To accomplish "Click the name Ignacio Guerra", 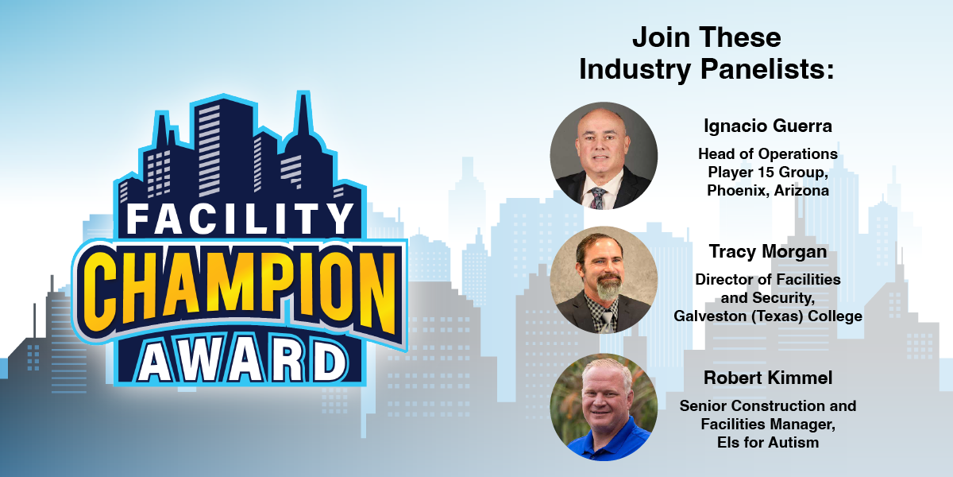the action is [768, 126].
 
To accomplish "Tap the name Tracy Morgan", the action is [768, 252].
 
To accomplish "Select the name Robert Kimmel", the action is [768, 378].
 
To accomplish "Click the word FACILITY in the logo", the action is [241, 219].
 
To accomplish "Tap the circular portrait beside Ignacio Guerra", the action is [604, 156].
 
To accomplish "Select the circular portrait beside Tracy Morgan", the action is [604, 280].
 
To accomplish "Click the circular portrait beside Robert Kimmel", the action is [604, 407].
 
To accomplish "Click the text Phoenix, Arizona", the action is [768, 190].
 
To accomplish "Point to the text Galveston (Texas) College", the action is [768, 316].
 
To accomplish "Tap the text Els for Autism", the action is [768, 443].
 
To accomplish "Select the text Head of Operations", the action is [768, 153].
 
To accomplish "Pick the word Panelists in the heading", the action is [767, 69].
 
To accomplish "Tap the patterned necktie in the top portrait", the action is [598, 198].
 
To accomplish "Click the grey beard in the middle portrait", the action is [608, 287].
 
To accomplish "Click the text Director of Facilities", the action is [768, 279].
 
